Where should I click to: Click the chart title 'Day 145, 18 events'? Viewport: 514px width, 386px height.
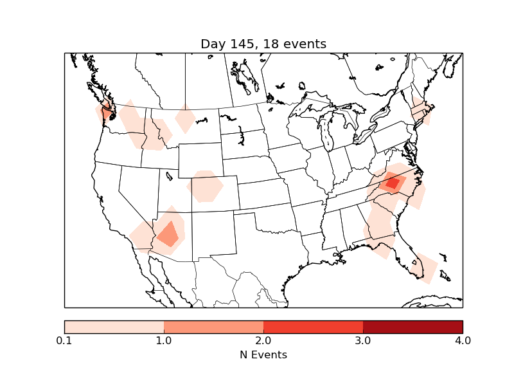coord(263,44)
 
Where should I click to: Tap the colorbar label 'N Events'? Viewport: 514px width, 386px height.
coord(263,354)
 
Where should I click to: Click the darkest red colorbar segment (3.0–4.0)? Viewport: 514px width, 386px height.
coord(412,326)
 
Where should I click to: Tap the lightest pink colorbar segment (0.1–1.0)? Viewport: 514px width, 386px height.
coord(114,326)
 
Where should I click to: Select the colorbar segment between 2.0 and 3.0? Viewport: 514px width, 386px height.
coord(313,326)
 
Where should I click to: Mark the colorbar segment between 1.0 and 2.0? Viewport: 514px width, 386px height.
coord(213,326)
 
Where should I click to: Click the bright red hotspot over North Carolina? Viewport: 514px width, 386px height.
coord(392,183)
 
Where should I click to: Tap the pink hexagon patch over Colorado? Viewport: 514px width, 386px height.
coord(205,187)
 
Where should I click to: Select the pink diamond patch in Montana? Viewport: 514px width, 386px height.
coord(185,118)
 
